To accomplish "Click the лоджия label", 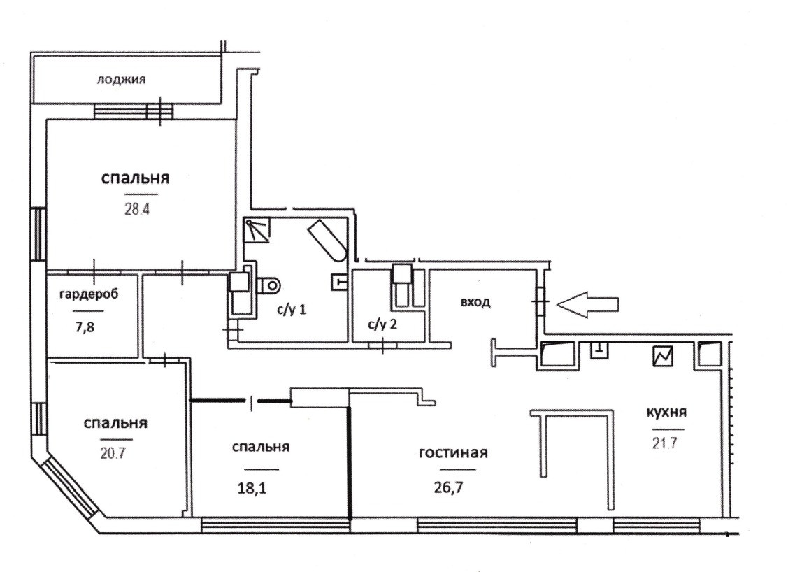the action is click(122, 80).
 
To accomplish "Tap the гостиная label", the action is click(452, 453).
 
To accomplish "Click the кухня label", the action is click(664, 412).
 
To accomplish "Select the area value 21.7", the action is click(664, 443).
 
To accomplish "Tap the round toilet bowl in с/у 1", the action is click(269, 285).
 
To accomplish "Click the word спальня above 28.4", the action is click(136, 178).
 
